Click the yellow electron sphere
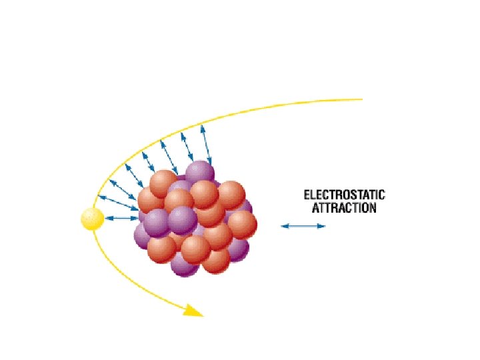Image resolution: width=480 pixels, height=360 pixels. tap(92, 218)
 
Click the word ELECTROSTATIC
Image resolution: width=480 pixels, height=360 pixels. tap(344, 195)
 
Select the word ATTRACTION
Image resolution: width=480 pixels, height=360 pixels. tap(344, 208)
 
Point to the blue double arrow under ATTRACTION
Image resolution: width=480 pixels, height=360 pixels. tap(303, 227)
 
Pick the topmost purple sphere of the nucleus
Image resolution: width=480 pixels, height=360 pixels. tap(199, 173)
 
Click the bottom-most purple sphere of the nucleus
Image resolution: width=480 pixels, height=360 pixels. tap(185, 263)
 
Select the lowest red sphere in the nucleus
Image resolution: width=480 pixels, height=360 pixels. tap(215, 260)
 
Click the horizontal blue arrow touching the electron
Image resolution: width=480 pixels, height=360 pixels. tap(121, 218)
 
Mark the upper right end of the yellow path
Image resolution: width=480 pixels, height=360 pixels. tap(361, 99)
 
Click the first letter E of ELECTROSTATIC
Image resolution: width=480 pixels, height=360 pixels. tap(307, 195)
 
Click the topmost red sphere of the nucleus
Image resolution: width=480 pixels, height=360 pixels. tap(163, 183)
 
